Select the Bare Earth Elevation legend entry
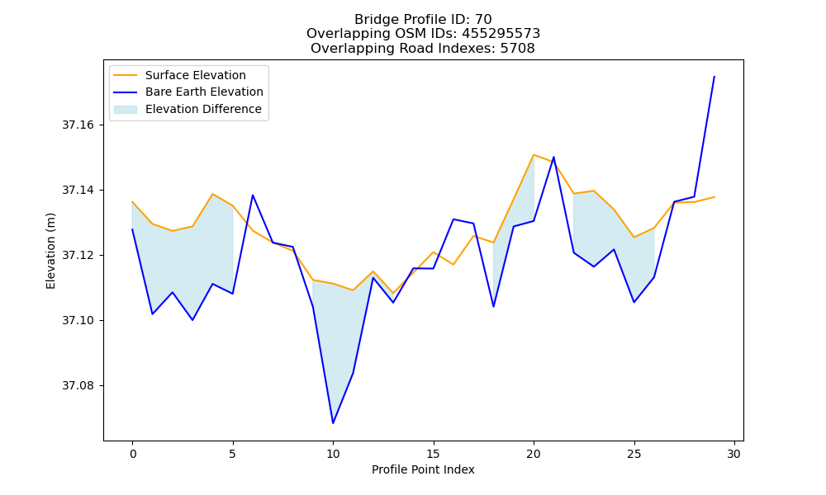(188, 92)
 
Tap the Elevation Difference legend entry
(188, 110)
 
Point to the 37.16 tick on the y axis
(78, 125)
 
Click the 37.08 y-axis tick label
(78, 386)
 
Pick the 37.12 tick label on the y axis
(78, 256)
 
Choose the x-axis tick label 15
(434, 454)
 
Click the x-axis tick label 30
(734, 454)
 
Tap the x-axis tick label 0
(133, 454)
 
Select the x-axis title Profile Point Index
(423, 469)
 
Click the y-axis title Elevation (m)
(50, 251)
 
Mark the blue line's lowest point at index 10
(333, 423)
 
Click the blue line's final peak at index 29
(714, 76)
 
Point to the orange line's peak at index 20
(534, 154)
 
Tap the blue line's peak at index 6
(253, 196)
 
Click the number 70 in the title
(483, 20)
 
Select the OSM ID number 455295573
(501, 34)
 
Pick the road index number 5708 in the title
(517, 49)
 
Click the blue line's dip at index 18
(494, 306)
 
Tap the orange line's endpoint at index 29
(714, 196)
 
